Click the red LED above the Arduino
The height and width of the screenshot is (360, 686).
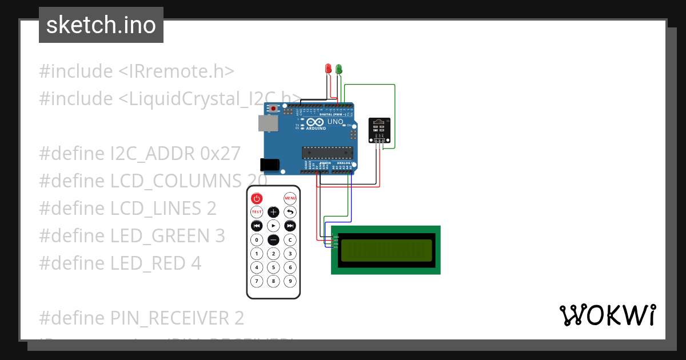[328, 69]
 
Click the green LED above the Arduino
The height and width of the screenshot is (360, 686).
[339, 69]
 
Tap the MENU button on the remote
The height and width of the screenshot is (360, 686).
[290, 198]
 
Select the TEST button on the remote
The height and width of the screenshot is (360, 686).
[257, 212]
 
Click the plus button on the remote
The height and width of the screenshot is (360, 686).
[273, 212]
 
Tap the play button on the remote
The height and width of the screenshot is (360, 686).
[273, 226]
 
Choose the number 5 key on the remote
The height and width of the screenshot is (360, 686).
[273, 267]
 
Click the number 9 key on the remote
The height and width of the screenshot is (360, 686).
[290, 281]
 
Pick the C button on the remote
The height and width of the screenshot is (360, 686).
[290, 239]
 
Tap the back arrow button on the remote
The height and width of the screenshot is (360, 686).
[290, 212]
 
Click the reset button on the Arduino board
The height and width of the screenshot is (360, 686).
[274, 108]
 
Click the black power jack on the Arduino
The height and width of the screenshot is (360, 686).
[270, 165]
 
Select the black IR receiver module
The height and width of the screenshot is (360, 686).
[379, 130]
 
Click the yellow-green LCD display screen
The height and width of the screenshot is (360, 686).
[386, 250]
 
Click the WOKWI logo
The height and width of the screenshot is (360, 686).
[607, 315]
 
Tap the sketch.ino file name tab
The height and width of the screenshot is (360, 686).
[101, 25]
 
